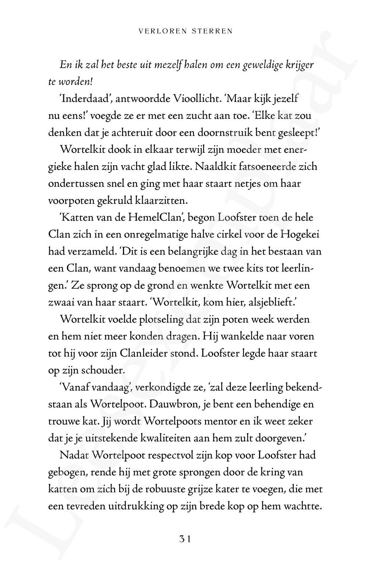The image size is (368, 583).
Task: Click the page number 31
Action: pyautogui.click(x=184, y=539)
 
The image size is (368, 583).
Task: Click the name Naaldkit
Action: pyautogui.click(x=215, y=167)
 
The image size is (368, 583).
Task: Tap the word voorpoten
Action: pyautogui.click(x=67, y=201)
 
